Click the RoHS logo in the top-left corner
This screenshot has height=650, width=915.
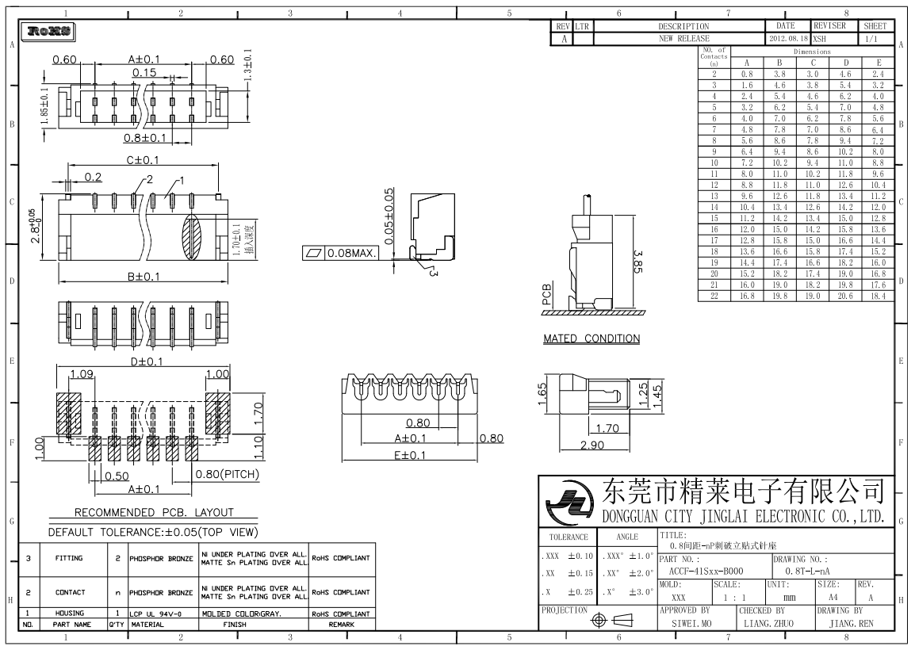(x=50, y=32)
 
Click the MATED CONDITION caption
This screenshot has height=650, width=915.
(x=591, y=338)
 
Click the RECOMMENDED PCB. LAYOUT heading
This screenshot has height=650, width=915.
(x=154, y=512)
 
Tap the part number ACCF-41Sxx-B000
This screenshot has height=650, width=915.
(x=706, y=571)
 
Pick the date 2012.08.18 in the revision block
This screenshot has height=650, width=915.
(x=787, y=38)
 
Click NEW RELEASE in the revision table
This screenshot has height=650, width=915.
(x=683, y=38)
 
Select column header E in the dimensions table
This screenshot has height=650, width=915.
(x=878, y=62)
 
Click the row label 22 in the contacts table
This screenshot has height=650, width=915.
(x=714, y=296)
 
